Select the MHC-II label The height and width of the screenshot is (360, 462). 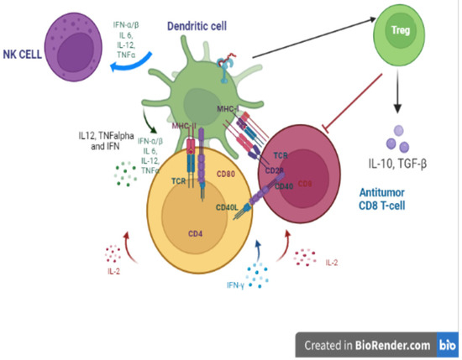[185, 126]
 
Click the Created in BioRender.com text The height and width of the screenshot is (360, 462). [366, 344]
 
